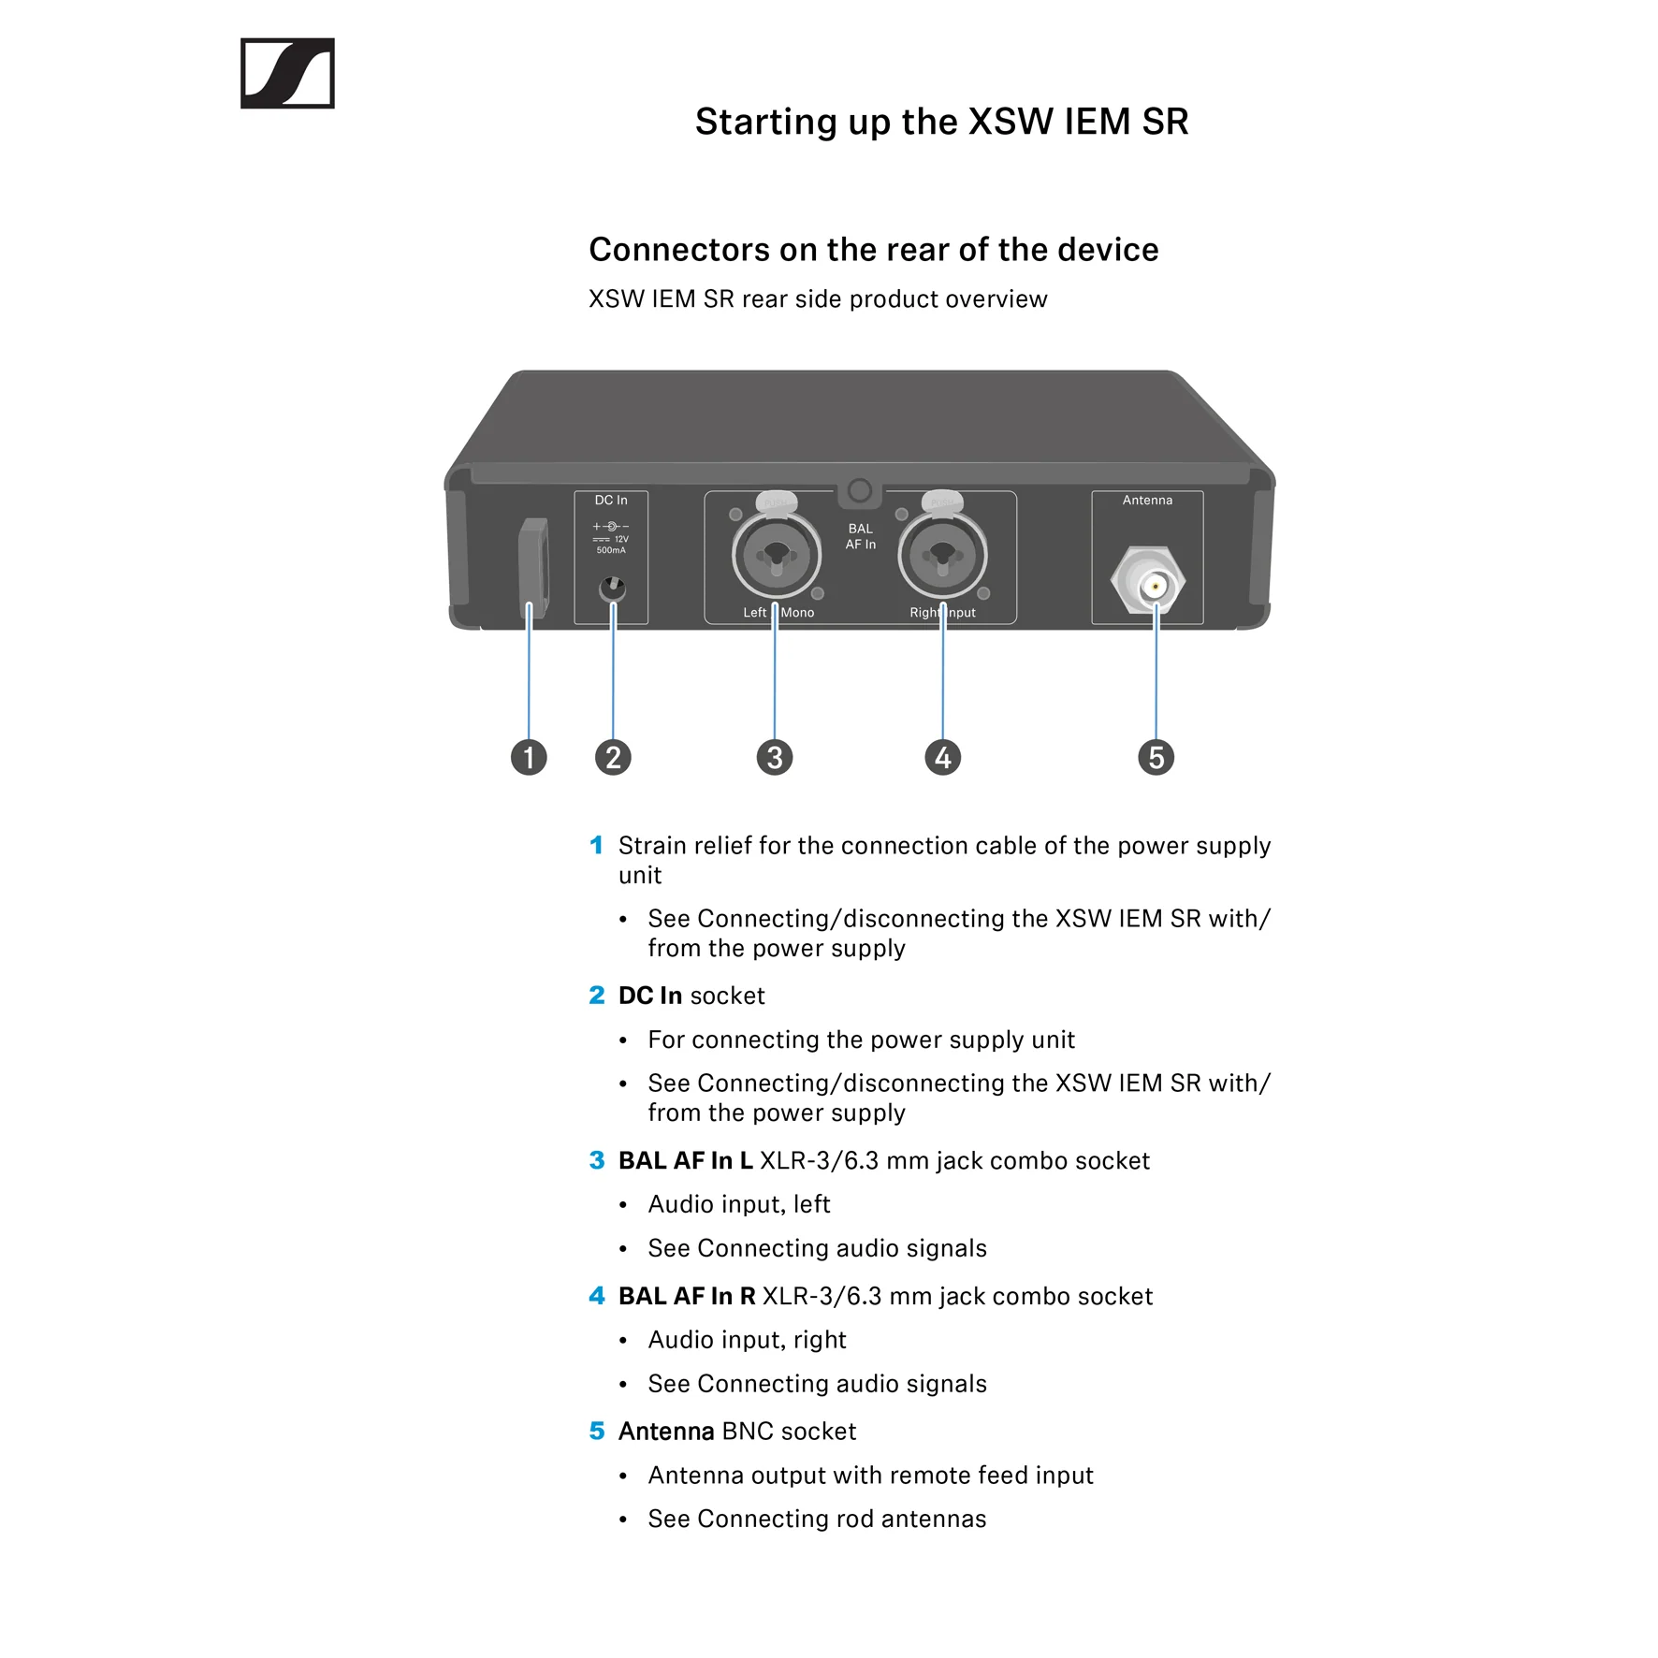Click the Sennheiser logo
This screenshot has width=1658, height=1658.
click(287, 73)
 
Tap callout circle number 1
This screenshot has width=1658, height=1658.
click(529, 757)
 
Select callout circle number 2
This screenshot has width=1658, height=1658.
click(613, 757)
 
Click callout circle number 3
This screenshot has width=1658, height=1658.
click(775, 757)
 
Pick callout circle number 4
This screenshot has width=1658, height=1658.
click(942, 757)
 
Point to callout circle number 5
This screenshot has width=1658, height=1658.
click(1156, 757)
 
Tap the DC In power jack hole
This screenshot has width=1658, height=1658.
click(612, 589)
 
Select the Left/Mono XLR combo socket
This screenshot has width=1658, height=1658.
click(777, 554)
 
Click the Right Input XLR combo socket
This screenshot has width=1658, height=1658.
click(942, 554)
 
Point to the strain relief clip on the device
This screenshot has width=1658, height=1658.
click(533, 567)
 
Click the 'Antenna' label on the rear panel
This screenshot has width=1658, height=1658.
click(1147, 501)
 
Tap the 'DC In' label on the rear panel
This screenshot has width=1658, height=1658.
click(611, 501)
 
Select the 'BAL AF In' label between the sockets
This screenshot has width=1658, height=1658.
click(861, 536)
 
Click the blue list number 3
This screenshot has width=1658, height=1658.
click(597, 1160)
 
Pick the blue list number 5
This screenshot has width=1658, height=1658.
click(597, 1431)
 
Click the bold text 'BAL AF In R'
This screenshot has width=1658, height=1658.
click(687, 1296)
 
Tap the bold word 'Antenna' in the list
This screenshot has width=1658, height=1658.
click(666, 1431)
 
